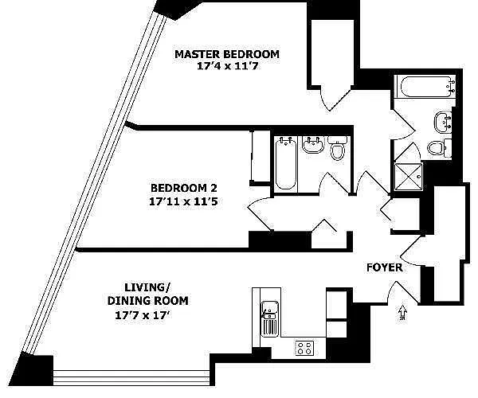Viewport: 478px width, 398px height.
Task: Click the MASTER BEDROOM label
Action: pos(227,54)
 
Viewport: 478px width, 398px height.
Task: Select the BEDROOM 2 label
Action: pos(184,188)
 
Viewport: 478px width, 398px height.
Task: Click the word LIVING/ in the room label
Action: pos(144,287)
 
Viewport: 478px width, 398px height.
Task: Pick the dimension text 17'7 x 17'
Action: pos(144,314)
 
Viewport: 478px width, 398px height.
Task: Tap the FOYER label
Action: pos(385,267)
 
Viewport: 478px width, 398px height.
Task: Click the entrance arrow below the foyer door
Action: pos(402,313)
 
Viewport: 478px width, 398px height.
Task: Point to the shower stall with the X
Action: pos(409,174)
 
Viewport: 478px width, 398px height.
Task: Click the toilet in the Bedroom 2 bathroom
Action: pos(337,151)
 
